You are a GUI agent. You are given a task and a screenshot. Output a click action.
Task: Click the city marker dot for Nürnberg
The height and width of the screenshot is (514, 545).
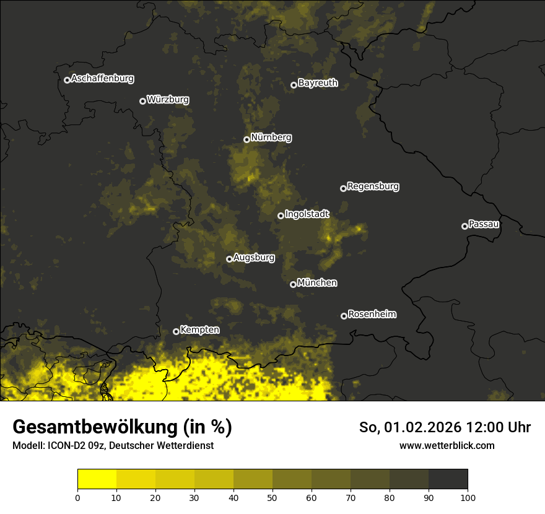tap(246, 139)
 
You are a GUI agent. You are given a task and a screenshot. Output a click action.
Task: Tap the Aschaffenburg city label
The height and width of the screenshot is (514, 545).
tap(102, 79)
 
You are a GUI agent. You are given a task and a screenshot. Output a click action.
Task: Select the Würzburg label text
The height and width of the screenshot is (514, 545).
tap(168, 100)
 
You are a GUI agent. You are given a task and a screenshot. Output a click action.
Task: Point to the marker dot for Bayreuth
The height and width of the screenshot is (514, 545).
tap(294, 85)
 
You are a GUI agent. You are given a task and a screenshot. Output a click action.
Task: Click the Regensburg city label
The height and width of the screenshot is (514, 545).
tap(373, 186)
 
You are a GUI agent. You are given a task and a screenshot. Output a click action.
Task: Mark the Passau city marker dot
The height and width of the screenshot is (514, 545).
tap(464, 226)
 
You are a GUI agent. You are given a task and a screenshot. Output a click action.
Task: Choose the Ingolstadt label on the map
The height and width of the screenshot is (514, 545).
tap(307, 214)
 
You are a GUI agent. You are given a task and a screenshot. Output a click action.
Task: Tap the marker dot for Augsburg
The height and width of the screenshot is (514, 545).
tap(229, 259)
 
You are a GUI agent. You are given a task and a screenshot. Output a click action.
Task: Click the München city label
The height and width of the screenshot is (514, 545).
tap(317, 283)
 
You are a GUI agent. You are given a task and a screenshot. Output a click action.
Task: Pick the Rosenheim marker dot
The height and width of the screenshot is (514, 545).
tap(344, 316)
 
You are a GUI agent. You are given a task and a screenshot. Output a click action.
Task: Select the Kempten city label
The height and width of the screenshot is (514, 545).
tap(199, 330)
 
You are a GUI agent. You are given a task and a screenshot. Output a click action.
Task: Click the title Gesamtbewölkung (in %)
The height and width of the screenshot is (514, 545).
tap(122, 427)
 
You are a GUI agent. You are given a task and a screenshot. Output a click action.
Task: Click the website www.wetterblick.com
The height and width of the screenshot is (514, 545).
tap(447, 446)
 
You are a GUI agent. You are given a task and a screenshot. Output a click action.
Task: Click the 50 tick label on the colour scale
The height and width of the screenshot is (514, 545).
tap(272, 497)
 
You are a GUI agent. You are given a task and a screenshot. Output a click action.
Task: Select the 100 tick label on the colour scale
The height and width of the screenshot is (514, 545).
tap(468, 497)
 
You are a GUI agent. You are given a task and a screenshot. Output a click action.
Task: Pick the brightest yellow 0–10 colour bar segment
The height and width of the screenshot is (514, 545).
tap(97, 479)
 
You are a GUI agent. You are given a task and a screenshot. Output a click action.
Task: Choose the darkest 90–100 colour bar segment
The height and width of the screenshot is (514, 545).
tap(448, 479)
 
